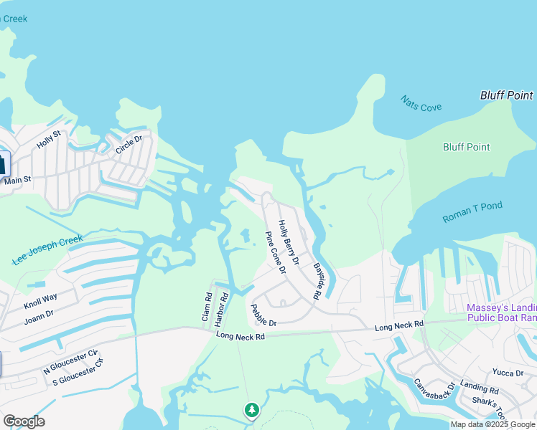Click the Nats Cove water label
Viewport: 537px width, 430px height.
point(421,103)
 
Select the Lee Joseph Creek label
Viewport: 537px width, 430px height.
point(48,251)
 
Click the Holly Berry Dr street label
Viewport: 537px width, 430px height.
point(289,240)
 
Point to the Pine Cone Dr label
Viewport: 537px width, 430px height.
point(275,252)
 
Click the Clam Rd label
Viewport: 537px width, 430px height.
point(207,306)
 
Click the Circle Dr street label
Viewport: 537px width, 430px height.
point(129,145)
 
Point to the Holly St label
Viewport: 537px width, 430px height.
point(50,139)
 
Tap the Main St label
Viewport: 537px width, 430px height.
point(18,181)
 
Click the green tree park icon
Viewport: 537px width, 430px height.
point(251,410)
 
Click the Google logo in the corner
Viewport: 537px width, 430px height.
point(24,421)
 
